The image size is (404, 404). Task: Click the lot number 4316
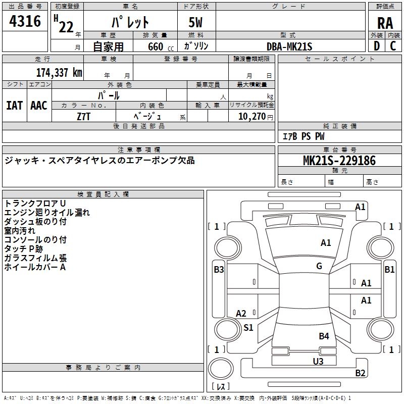point(25,21)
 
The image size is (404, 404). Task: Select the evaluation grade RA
point(385,23)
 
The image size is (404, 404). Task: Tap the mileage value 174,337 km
point(59,73)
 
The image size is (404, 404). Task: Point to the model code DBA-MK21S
point(289,46)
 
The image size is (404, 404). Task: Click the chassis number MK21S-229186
point(339,161)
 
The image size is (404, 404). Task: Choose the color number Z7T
point(84,116)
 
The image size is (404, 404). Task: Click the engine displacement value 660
point(156,46)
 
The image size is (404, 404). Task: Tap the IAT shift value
point(14,105)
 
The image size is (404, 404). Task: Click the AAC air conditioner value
point(39,105)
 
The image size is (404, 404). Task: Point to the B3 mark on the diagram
point(219,270)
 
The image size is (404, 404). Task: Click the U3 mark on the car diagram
point(318,361)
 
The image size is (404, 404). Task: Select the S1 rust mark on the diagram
point(248,328)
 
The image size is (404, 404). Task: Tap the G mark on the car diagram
point(319,266)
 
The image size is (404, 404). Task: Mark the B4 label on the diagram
point(324,336)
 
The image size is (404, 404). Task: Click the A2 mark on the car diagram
point(241,314)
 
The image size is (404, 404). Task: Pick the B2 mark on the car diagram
point(360,373)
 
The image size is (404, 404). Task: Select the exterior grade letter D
point(376,46)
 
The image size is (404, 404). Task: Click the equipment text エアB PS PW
point(303,136)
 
